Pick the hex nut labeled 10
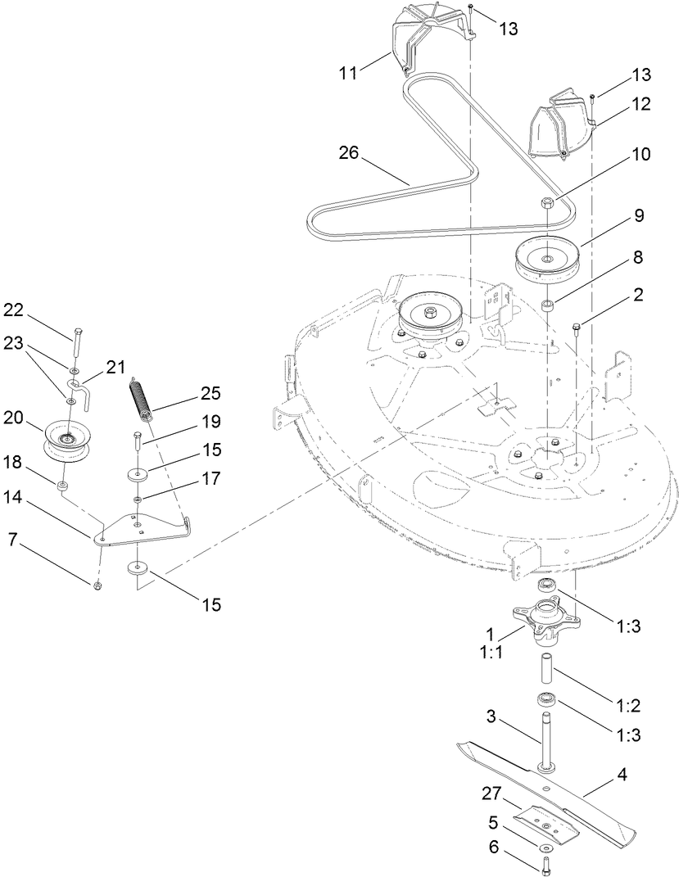click(546, 203)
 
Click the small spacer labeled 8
click(546, 307)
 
